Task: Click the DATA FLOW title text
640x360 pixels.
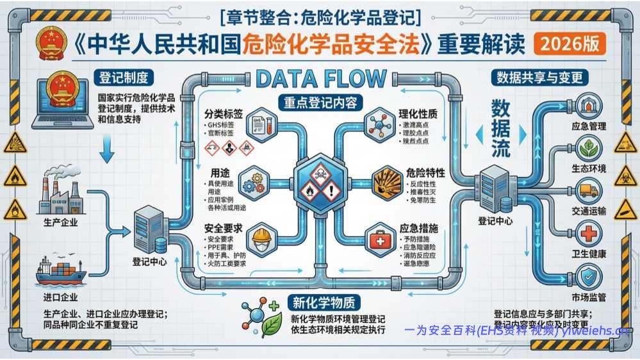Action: click(x=320, y=79)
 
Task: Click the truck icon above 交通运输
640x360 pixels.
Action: click(x=587, y=190)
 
